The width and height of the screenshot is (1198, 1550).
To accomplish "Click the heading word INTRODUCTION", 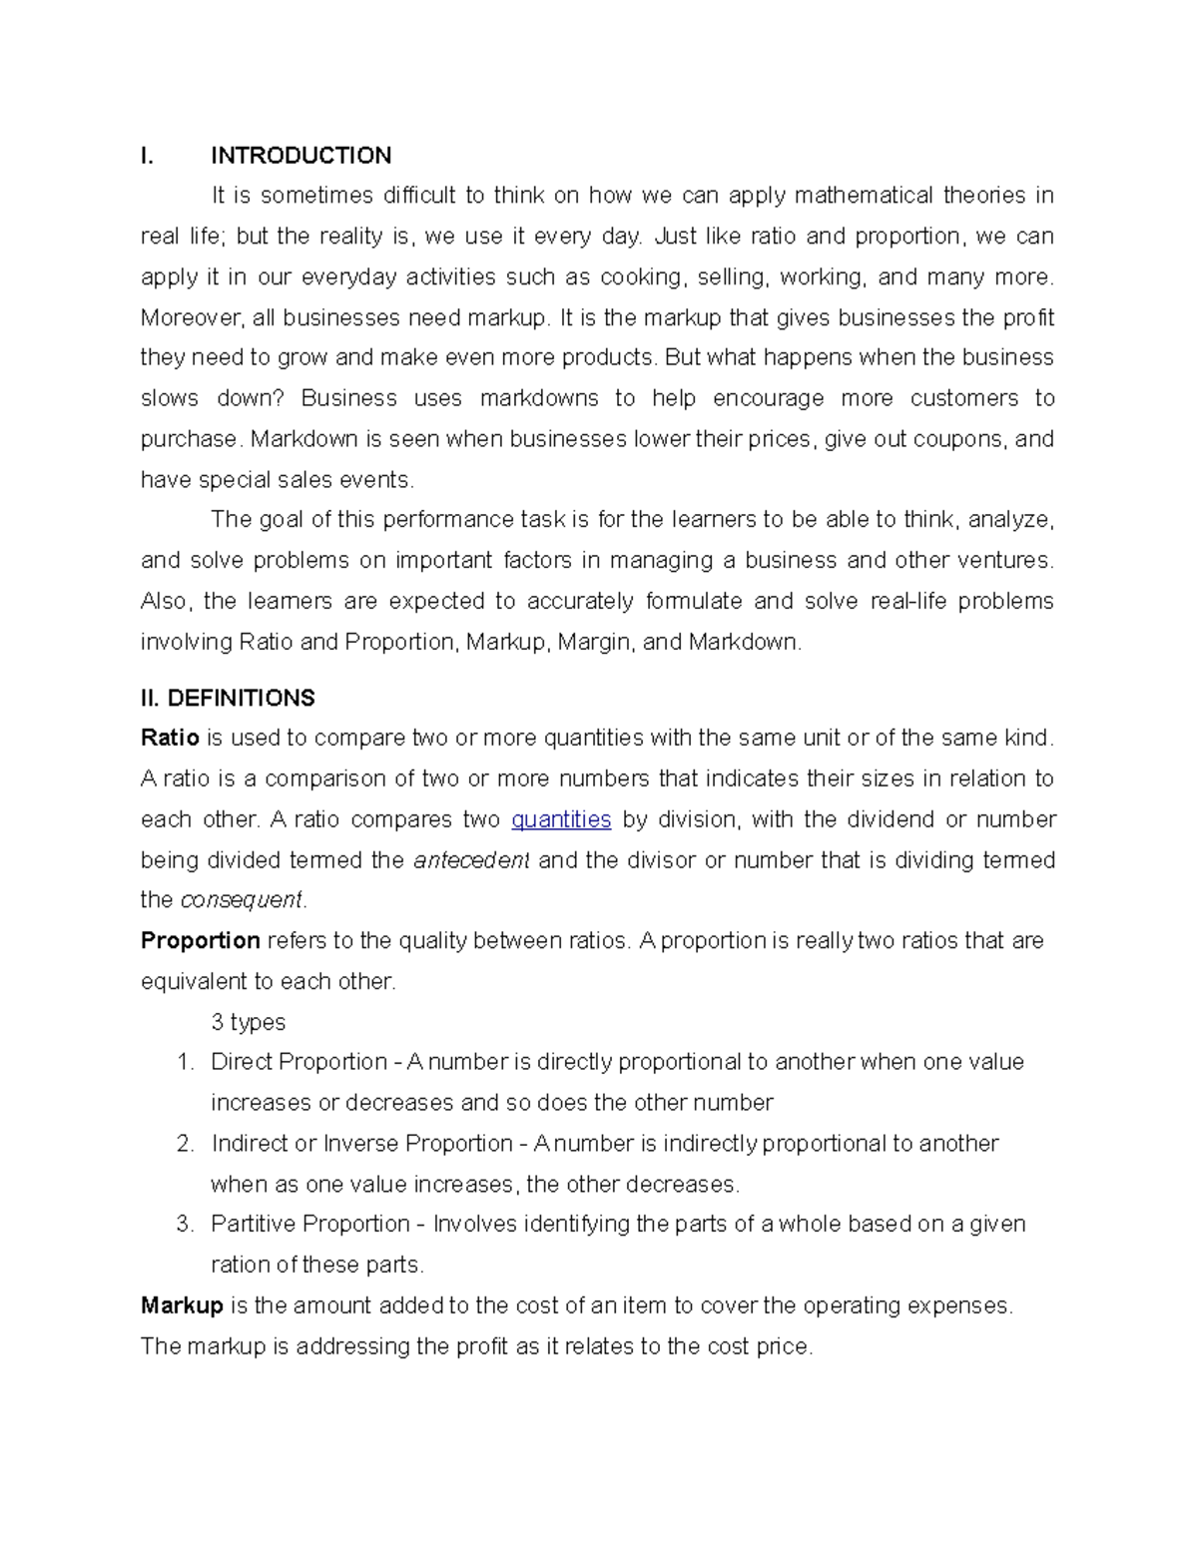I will click(300, 156).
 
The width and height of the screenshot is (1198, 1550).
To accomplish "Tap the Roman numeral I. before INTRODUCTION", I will click(147, 156).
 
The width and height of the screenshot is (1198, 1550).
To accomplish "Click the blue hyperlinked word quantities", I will click(561, 819).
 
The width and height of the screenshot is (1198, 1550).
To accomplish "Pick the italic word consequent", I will click(241, 900).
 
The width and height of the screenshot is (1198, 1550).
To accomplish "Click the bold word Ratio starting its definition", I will click(170, 739).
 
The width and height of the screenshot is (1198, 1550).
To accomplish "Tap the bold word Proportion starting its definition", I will click(200, 941).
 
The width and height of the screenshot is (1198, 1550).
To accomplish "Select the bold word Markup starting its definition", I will click(182, 1305).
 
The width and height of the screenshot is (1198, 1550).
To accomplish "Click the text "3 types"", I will click(248, 1022).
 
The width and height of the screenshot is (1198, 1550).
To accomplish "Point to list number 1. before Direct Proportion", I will click(185, 1062).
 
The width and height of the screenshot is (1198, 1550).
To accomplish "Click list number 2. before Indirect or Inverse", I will click(185, 1144).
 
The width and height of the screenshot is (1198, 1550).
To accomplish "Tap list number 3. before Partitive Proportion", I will click(185, 1225).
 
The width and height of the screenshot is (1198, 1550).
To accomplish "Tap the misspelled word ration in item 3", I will click(240, 1266).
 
